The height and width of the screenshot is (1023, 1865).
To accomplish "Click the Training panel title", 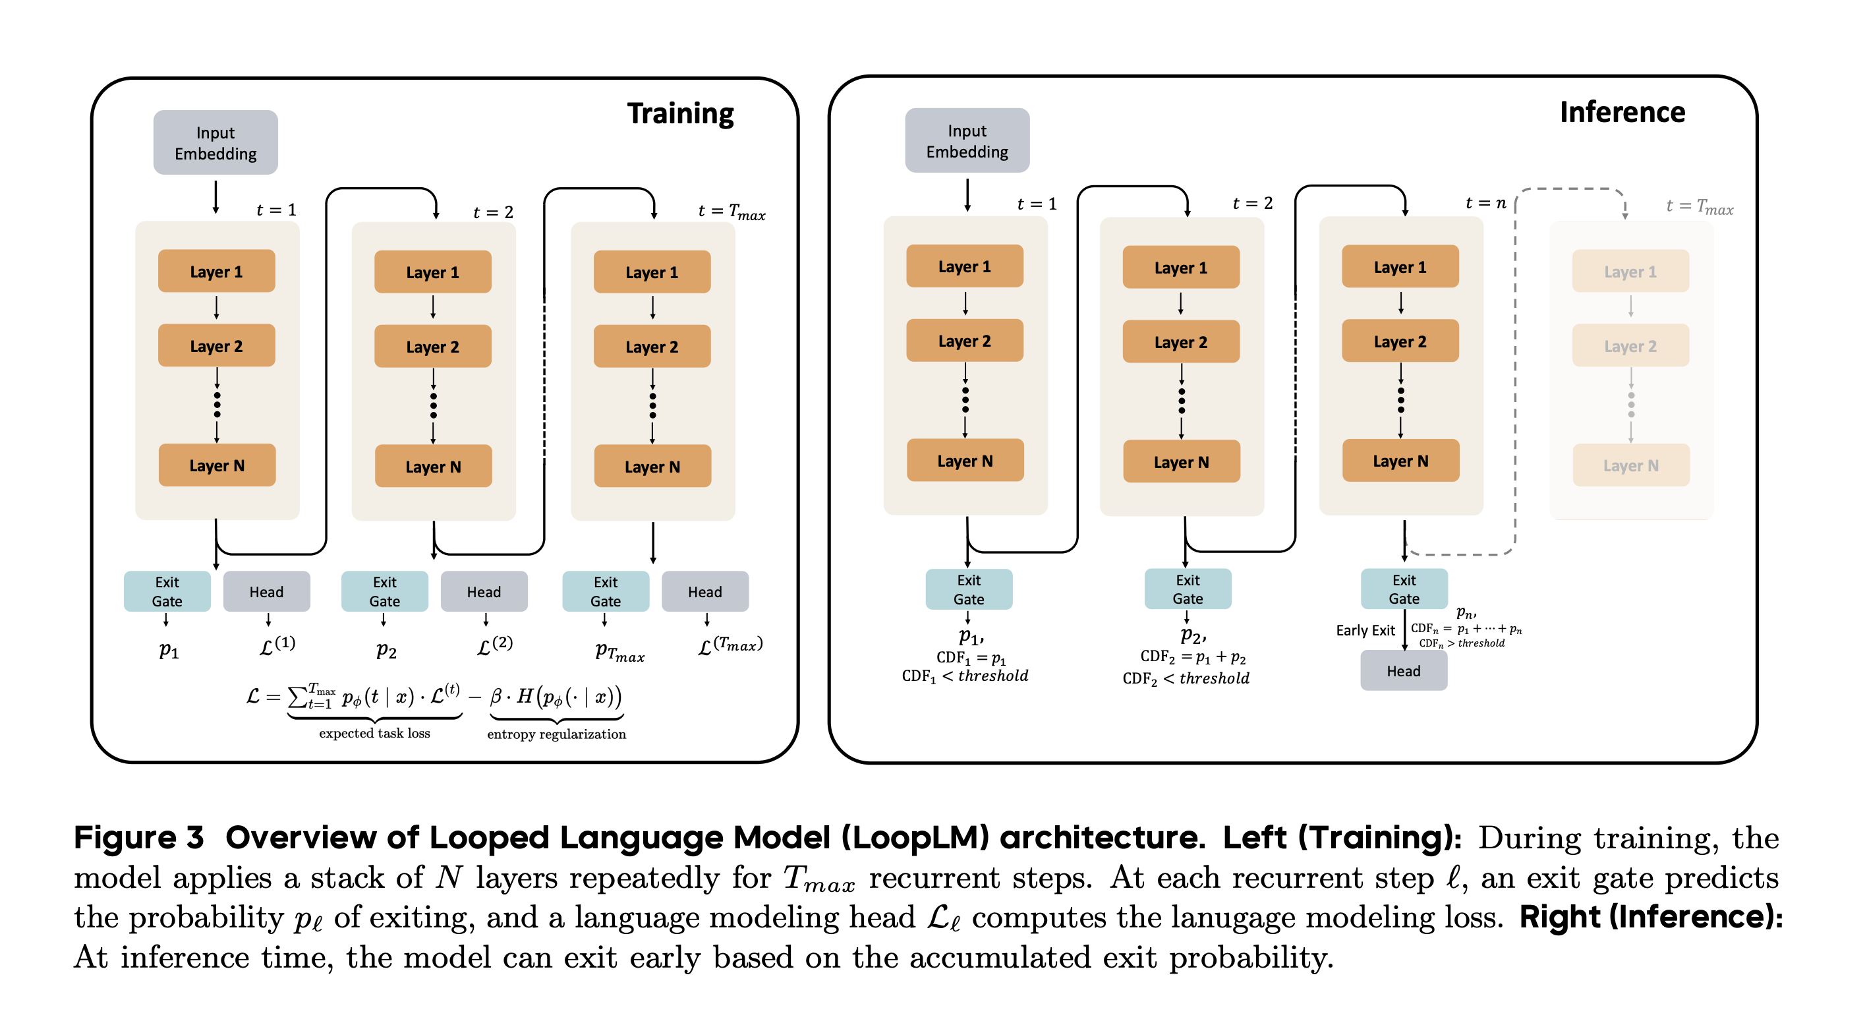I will (680, 113).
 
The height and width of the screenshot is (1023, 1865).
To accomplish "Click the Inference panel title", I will (1622, 112).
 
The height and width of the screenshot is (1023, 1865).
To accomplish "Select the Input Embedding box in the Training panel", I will (215, 142).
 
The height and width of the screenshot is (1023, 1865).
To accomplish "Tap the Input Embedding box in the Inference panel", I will (967, 140).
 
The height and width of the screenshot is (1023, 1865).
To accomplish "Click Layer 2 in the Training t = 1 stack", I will (216, 346).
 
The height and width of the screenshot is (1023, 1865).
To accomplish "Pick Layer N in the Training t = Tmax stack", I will (652, 467).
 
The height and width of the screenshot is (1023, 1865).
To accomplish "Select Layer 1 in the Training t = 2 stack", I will (432, 272).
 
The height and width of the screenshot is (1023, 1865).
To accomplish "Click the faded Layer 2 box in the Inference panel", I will (1630, 346).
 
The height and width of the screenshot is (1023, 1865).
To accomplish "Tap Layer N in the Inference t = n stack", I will (1400, 461).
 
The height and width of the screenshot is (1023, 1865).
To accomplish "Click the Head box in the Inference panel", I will (1403, 671).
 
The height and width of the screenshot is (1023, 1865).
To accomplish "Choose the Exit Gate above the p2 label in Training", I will (384, 591).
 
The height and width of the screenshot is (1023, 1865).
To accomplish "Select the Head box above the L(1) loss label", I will (266, 591).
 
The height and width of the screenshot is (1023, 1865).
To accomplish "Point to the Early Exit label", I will (1365, 631).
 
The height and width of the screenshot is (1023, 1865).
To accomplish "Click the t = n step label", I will (1485, 204).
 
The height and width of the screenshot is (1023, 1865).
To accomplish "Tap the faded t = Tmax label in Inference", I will (1699, 208).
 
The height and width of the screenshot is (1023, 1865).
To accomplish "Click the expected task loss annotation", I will (374, 734).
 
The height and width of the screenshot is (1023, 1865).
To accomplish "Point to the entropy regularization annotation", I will (556, 734).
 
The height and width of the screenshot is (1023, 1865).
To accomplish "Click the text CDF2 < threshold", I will (1185, 678).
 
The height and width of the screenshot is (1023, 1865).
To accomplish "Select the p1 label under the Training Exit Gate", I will (169, 650).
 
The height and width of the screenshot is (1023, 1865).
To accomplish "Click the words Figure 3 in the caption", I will (139, 838).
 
